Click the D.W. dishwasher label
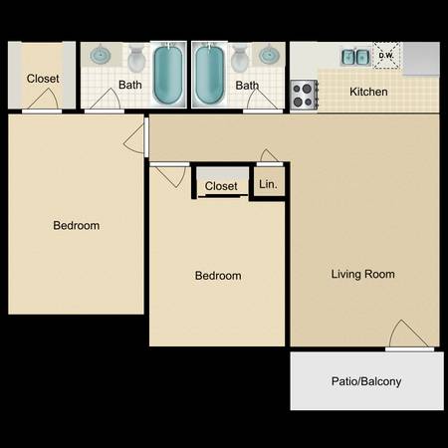click(386, 56)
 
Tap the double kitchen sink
click(355, 57)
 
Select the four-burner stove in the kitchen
click(304, 95)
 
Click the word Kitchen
click(368, 92)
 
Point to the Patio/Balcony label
click(366, 381)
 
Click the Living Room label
click(363, 274)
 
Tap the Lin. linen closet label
click(268, 184)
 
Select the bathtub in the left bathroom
click(168, 75)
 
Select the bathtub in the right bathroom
click(209, 75)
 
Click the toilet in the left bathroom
click(136, 59)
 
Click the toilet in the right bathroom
click(240, 59)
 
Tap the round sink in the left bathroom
click(101, 55)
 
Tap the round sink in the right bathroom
click(269, 55)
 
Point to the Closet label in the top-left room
click(43, 79)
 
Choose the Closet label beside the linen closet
click(221, 186)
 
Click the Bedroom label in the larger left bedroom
click(77, 226)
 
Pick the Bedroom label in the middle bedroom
click(218, 276)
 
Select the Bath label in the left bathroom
click(130, 85)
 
